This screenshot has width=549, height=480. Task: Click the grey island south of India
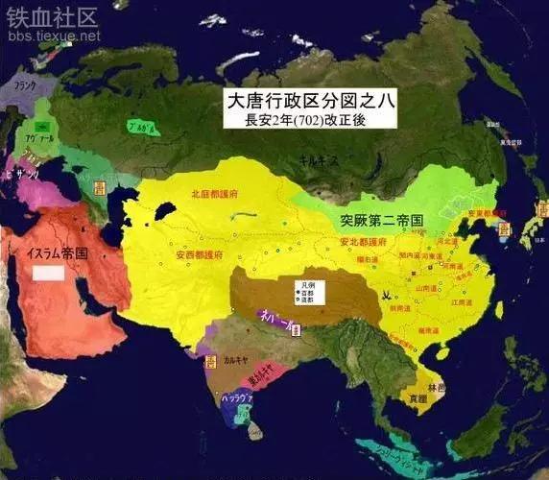click(x=254, y=431)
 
